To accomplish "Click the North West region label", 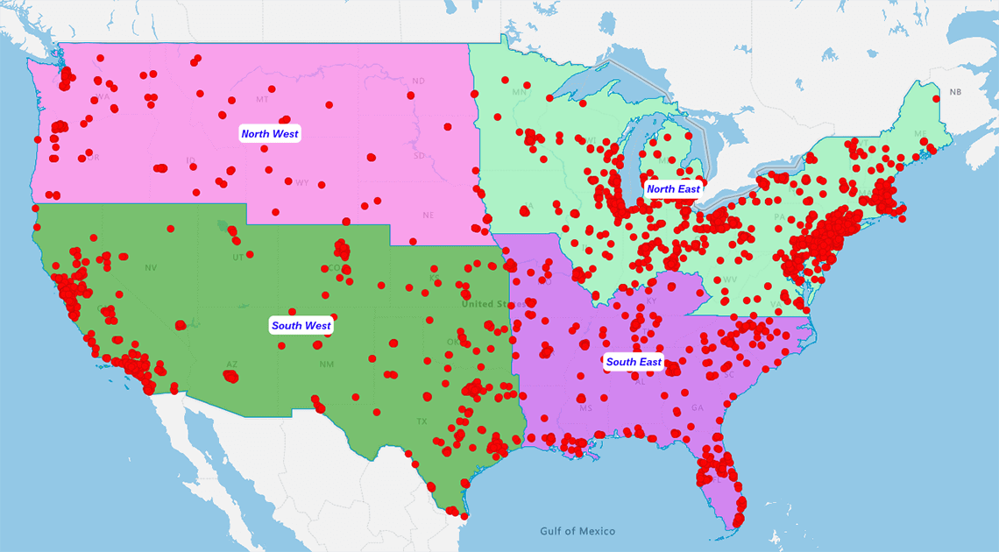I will point(270,134).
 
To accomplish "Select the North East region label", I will point(673,189).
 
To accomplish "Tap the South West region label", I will point(301,326).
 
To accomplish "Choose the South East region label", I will point(634,362).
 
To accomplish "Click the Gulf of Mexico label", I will point(577,531).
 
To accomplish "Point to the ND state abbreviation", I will point(418,81).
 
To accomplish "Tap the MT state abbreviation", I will point(263,100).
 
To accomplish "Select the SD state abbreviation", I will point(419,156).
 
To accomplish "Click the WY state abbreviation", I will point(302,183).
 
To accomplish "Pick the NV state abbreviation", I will point(151,268).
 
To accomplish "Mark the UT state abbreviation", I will point(238,258).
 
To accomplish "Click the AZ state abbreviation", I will point(232,364).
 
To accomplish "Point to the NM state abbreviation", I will point(327,364).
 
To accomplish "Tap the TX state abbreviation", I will point(422,421).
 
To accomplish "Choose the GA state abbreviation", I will point(697,408).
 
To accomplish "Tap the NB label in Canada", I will point(955,92).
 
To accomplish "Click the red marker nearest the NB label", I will point(936,99).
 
